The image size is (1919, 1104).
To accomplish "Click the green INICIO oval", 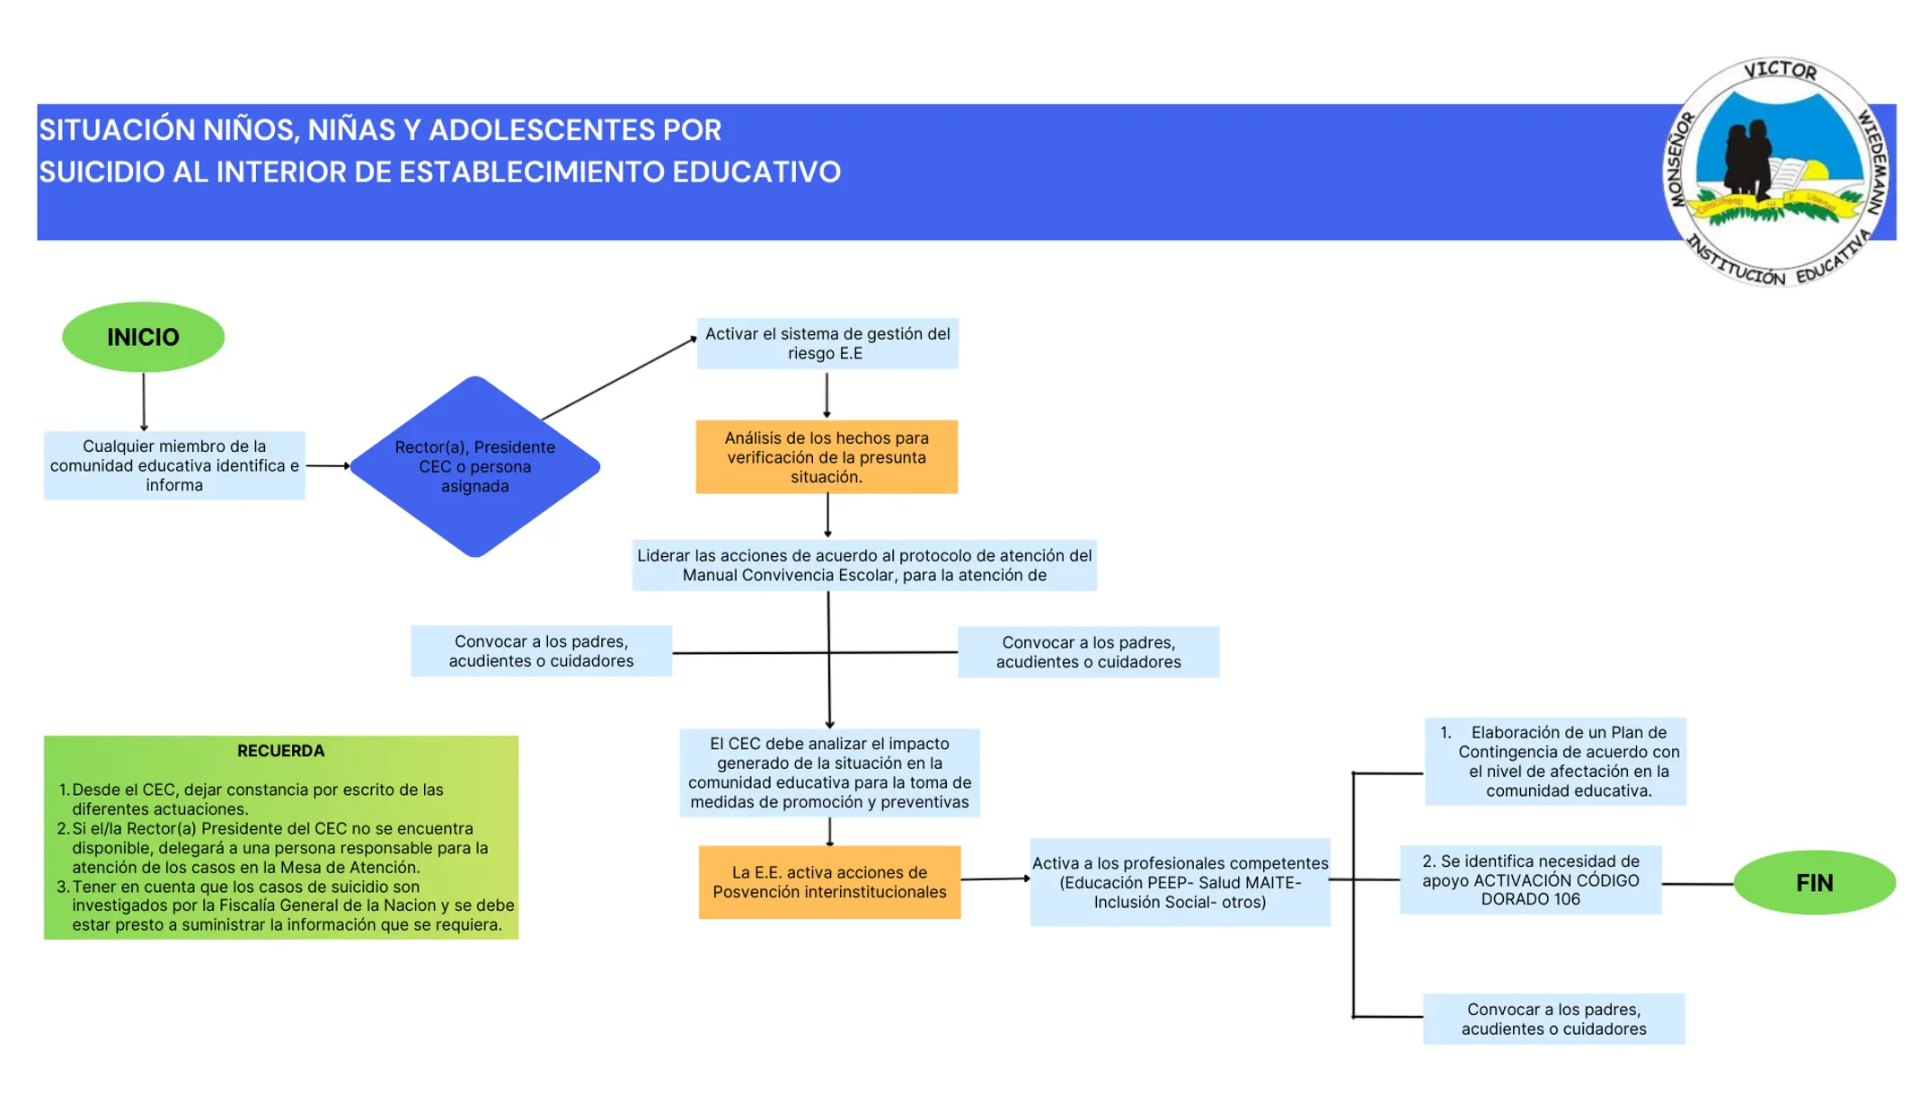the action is (x=143, y=337).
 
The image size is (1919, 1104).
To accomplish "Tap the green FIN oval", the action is (x=1814, y=882).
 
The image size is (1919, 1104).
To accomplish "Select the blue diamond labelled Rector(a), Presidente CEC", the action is (x=474, y=466).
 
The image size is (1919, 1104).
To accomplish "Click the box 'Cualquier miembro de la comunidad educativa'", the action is (x=174, y=465).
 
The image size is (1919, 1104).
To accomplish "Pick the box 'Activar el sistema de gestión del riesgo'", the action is (x=827, y=343).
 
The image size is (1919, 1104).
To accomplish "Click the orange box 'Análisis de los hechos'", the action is (x=827, y=456).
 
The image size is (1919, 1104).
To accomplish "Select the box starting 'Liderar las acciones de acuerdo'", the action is (x=864, y=565).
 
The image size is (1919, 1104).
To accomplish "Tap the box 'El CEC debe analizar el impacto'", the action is (x=829, y=773).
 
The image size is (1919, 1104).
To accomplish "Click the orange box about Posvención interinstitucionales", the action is (x=829, y=881).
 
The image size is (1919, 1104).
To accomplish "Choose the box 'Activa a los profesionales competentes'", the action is (x=1180, y=881).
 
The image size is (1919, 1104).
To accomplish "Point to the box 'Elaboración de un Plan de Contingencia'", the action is (x=1555, y=761).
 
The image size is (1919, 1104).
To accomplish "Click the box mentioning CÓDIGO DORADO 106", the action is (x=1531, y=879).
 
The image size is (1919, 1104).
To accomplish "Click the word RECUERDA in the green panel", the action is (x=281, y=751).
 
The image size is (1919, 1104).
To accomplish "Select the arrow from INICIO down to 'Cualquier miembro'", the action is (x=144, y=402).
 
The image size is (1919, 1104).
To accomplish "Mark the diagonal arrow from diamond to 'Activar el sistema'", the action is (x=620, y=378).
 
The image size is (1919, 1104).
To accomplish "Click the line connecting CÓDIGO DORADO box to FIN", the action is (x=1698, y=884).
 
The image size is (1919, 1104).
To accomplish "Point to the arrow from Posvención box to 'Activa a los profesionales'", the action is (x=995, y=879).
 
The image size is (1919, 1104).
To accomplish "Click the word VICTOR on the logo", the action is (x=1780, y=70).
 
